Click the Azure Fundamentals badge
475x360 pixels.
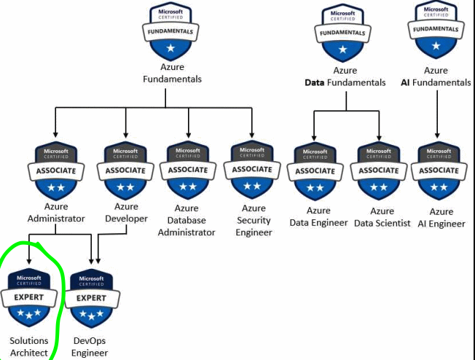click(x=171, y=32)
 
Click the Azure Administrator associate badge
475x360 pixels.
click(x=56, y=171)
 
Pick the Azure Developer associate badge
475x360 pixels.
click(x=125, y=171)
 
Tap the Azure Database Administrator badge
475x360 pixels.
click(x=188, y=171)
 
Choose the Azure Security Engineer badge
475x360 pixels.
click(x=252, y=171)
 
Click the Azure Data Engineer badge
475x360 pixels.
click(x=315, y=173)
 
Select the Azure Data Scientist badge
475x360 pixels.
click(x=378, y=173)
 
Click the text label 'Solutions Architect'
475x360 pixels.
click(x=29, y=347)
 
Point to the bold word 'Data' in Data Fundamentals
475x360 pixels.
click(x=315, y=83)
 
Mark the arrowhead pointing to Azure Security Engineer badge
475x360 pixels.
click(x=252, y=135)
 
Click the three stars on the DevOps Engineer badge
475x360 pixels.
click(x=91, y=314)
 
